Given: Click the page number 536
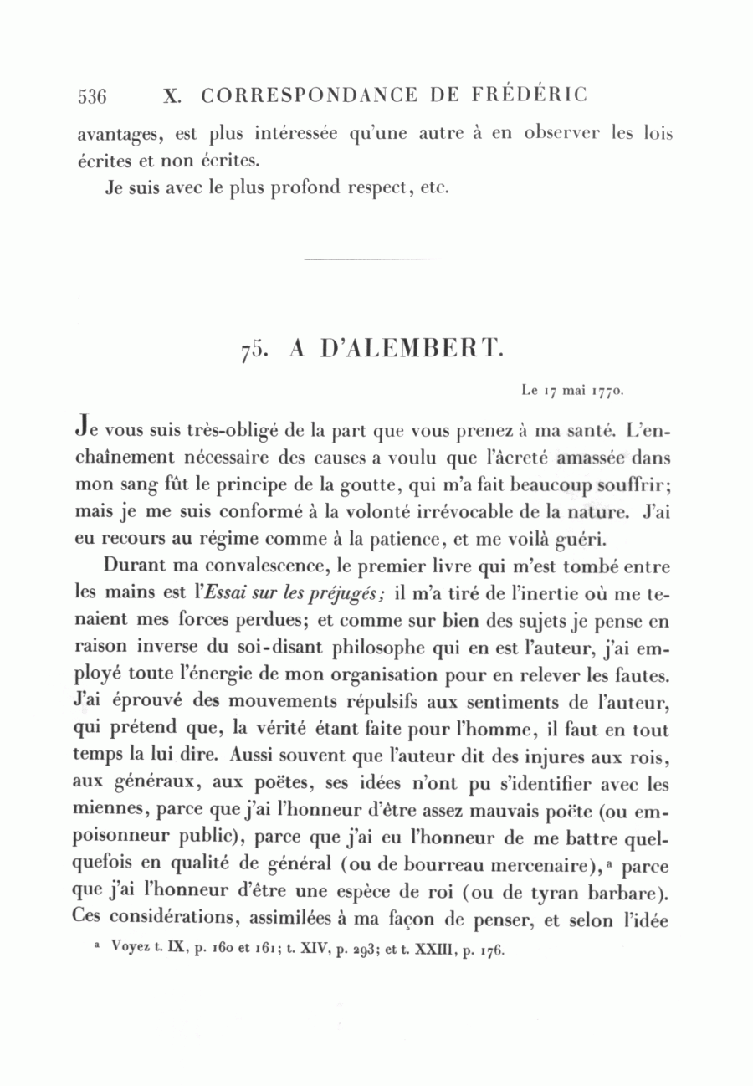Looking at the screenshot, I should coord(92,96).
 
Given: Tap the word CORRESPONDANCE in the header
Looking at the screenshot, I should coord(309,95).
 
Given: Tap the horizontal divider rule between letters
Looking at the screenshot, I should coord(372,259).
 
